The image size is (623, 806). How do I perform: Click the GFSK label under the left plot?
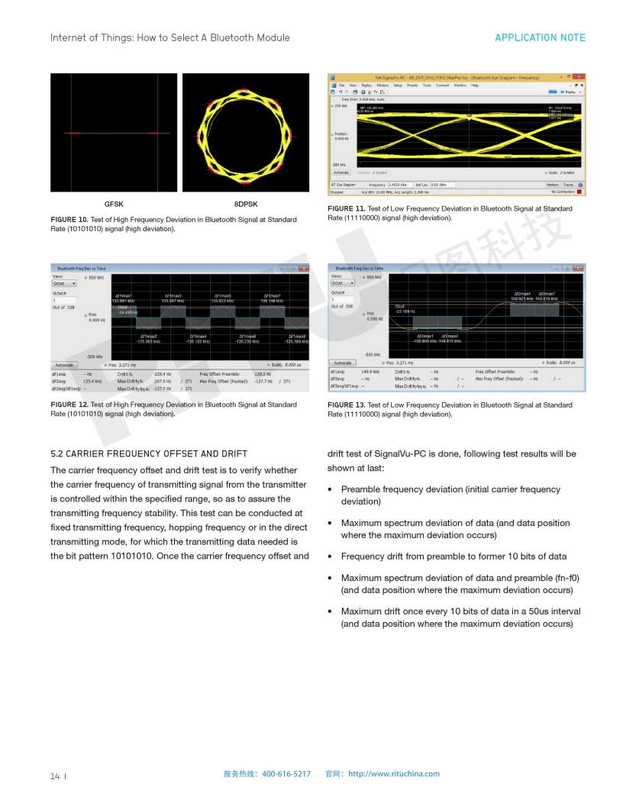click(114, 204)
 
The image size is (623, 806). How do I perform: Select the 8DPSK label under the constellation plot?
click(246, 204)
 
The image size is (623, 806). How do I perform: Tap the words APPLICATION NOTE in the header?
click(540, 37)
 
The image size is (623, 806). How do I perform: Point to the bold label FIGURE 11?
click(346, 209)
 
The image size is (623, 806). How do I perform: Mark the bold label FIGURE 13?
click(346, 405)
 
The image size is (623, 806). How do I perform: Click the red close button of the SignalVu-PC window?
click(580, 77)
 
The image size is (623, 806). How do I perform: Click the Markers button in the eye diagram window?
click(553, 185)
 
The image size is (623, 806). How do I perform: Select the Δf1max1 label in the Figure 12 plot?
click(123, 295)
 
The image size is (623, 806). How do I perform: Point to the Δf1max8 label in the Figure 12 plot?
click(297, 336)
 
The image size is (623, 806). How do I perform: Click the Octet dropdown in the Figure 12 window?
click(64, 283)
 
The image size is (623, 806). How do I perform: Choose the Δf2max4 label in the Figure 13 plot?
click(522, 293)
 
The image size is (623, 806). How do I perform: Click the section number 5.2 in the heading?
click(56, 453)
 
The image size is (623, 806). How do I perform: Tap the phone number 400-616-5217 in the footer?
click(286, 774)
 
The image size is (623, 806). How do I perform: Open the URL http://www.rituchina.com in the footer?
click(394, 774)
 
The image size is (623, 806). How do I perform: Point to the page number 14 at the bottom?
click(55, 776)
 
